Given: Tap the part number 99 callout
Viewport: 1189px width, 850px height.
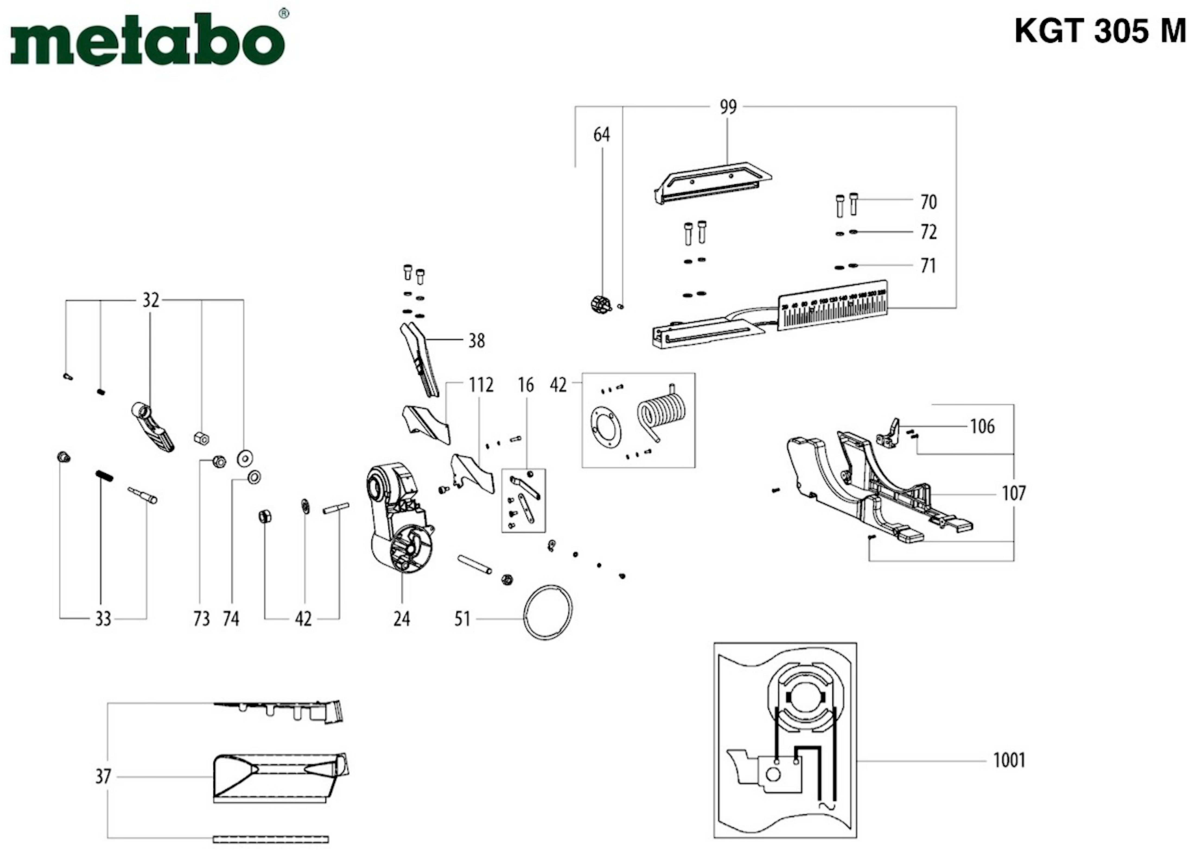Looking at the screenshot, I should [728, 107].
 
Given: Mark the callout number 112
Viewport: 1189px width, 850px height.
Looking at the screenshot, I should [481, 385].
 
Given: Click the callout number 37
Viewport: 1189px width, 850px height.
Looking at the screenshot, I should [103, 776].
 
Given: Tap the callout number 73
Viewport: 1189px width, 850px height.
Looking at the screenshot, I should [202, 619].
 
